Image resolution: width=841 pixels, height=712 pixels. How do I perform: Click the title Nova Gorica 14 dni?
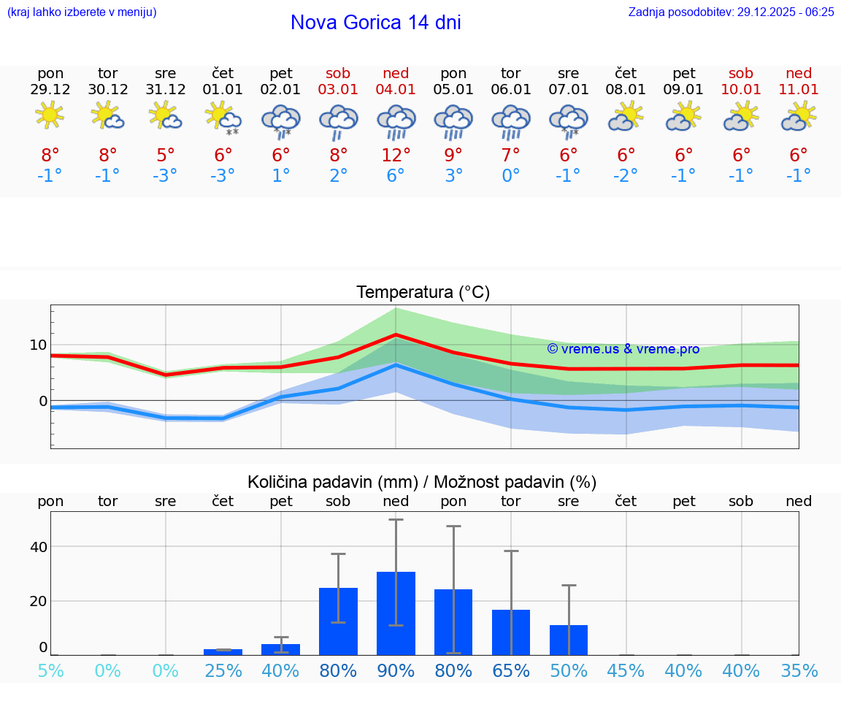coord(375,23)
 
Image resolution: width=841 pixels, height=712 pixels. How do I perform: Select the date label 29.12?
coord(50,89)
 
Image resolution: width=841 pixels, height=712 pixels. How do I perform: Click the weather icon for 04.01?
coord(396,120)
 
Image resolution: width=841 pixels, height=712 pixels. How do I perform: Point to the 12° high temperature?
coord(396,155)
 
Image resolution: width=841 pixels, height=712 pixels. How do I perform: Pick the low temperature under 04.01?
coord(396,176)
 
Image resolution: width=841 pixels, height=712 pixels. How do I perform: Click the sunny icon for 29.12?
coord(50,115)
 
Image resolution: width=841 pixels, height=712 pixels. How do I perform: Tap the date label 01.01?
coord(223,89)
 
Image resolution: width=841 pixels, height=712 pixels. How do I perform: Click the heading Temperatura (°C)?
coord(423,292)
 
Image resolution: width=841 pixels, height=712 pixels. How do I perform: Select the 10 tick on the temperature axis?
coord(38,345)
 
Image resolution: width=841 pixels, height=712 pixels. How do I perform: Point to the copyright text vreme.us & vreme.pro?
coord(623,349)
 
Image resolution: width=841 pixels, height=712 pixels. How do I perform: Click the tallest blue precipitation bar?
coord(396,613)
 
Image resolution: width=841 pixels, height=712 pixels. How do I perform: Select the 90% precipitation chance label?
coord(396,671)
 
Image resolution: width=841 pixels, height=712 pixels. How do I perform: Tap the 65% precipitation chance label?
coord(511,671)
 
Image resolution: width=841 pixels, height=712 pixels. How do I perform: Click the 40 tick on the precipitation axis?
coord(38,547)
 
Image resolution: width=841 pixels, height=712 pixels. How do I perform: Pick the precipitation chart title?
coord(422,482)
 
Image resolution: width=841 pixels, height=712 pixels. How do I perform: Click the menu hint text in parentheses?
coord(82,12)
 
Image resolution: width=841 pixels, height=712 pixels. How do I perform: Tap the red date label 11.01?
coord(799,89)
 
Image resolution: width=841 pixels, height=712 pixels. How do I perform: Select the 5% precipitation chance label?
coord(50,671)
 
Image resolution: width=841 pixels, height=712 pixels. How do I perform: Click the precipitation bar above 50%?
coord(569,640)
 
